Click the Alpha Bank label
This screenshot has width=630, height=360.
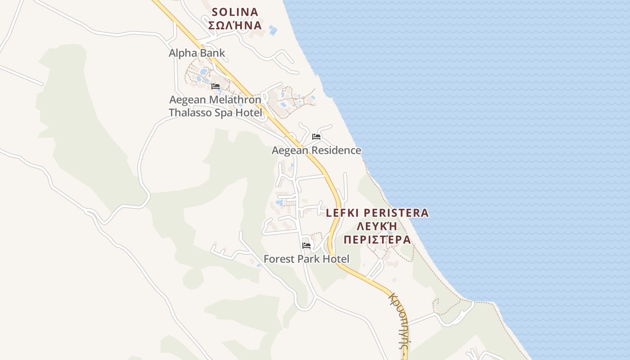(x=197, y=53)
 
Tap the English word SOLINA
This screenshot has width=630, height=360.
(x=235, y=12)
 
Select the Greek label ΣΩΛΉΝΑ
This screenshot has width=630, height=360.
(x=235, y=25)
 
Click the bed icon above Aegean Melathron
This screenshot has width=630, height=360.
(x=216, y=86)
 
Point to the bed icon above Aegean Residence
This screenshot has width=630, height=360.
(x=316, y=137)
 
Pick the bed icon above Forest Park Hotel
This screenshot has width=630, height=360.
(x=306, y=246)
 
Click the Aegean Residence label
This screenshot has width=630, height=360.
(x=316, y=150)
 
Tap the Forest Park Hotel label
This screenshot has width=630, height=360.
(x=306, y=259)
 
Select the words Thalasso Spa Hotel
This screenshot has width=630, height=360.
(x=215, y=112)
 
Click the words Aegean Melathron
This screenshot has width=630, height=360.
(x=215, y=99)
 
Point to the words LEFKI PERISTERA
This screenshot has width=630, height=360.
(x=377, y=213)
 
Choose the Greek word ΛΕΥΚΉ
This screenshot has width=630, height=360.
(x=377, y=226)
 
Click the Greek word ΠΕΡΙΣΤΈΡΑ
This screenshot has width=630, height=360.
(x=377, y=239)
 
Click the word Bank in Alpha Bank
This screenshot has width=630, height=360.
(x=211, y=53)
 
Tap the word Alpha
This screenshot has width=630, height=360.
(x=182, y=53)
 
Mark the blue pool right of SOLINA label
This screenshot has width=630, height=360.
(x=273, y=31)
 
